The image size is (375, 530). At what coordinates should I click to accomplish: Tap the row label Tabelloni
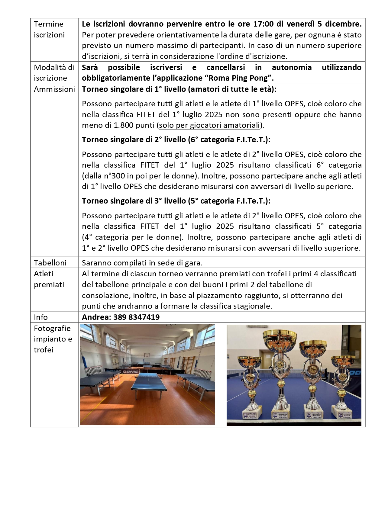(50, 263)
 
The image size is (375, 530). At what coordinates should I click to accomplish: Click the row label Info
(41, 317)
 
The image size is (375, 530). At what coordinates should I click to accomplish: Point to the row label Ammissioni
(54, 89)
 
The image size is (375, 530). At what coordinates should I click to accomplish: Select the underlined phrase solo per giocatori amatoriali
(209, 125)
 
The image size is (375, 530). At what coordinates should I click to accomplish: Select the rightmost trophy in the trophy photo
(343, 387)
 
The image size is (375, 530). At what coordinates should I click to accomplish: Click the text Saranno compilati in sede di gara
(142, 263)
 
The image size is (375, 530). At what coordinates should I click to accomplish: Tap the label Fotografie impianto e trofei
(52, 339)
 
